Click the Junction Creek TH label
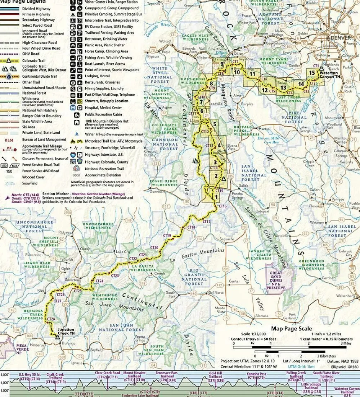66,331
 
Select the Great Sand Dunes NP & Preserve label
276,280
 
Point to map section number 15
312,72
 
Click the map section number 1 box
216,196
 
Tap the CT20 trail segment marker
154,248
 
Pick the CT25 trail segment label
77,291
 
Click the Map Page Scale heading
291,329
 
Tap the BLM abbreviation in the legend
9,140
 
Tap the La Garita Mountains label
197,256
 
